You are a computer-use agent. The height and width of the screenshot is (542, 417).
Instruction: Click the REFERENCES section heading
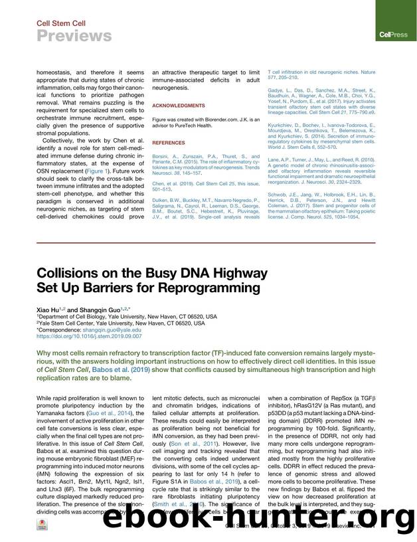tap(168, 143)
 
